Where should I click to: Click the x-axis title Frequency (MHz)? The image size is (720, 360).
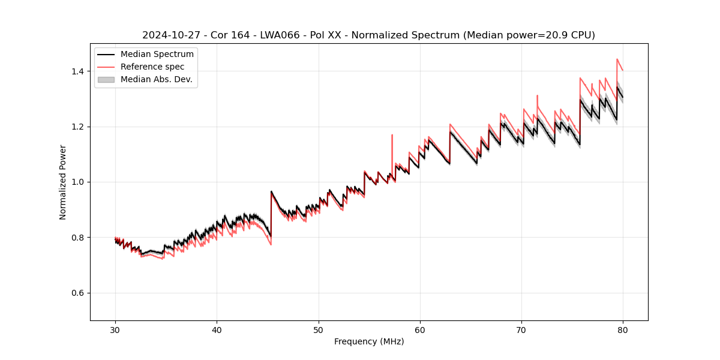(x=369, y=341)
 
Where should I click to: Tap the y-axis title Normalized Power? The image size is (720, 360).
(x=63, y=182)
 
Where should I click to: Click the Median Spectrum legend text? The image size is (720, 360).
(x=157, y=55)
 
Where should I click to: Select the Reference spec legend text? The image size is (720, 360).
(x=152, y=67)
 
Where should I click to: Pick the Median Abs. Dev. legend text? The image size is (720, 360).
(x=157, y=79)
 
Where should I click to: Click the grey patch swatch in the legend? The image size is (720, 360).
(x=106, y=79)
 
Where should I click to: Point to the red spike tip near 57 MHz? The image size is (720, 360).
(x=392, y=135)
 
